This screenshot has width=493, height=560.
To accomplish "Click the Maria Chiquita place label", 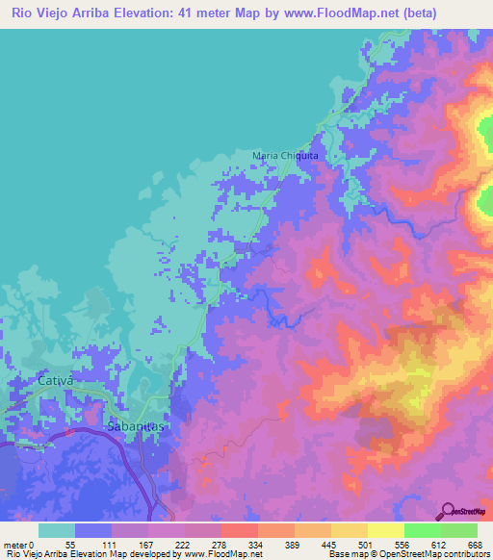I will pyautogui.click(x=285, y=155).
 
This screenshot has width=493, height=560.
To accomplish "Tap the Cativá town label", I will pyautogui.click(x=56, y=381).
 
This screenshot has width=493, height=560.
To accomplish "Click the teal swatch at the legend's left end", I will pyautogui.click(x=57, y=530).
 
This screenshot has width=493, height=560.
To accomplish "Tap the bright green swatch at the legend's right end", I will pyautogui.click(x=459, y=530).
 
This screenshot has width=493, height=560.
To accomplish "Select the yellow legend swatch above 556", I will pyautogui.click(x=385, y=530).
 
